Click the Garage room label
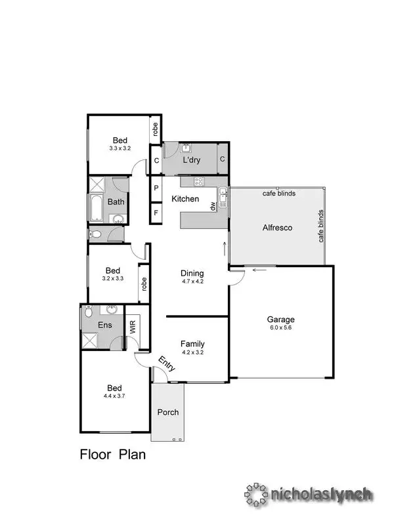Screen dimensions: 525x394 click(x=279, y=319)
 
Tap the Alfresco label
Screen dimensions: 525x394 click(x=276, y=228)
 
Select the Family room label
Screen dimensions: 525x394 click(x=192, y=343)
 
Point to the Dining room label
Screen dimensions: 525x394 click(x=192, y=273)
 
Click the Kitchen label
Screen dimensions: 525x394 click(x=185, y=198)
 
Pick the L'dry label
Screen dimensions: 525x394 click(x=192, y=159)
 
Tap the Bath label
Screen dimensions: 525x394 click(x=116, y=201)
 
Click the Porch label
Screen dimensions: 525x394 click(x=167, y=412)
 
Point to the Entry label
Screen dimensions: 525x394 click(x=166, y=364)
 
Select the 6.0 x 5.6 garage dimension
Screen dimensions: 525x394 click(x=279, y=327)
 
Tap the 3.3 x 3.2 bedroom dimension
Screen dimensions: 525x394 click(x=120, y=148)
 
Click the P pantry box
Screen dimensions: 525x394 click(x=156, y=187)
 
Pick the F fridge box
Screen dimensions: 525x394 click(x=156, y=212)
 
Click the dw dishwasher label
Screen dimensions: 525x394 click(x=213, y=206)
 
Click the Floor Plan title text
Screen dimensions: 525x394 click(x=112, y=453)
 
